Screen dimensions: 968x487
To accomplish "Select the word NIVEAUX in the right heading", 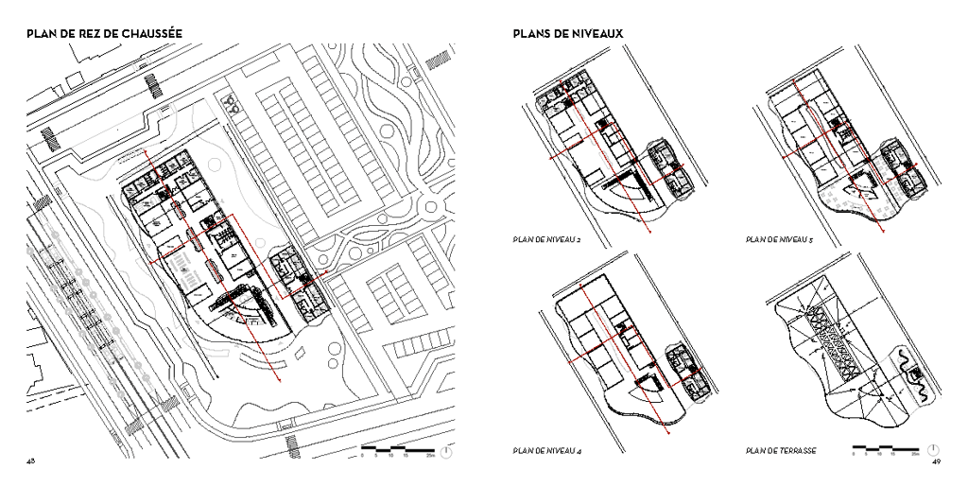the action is [x=595, y=34].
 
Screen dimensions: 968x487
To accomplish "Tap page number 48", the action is [x=31, y=461].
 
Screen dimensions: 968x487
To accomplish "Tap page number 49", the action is [x=936, y=461].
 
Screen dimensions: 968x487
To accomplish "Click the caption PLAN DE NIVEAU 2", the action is [x=545, y=239].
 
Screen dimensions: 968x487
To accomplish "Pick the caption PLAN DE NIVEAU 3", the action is [x=779, y=239].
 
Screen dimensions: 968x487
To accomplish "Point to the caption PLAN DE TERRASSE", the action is [x=781, y=450].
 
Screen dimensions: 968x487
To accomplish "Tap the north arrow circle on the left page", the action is [x=445, y=450].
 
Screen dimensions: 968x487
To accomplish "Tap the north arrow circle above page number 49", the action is [x=933, y=449].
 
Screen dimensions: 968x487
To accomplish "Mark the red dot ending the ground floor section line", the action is [x=280, y=380].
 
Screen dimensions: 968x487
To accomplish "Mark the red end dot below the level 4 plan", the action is [x=668, y=431].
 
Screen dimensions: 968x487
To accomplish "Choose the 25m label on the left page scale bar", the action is [x=430, y=456].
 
